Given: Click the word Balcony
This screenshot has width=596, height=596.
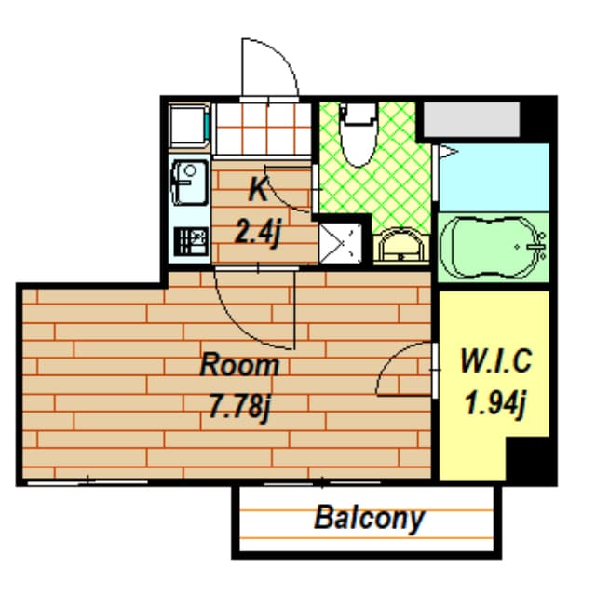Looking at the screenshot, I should tap(369, 517).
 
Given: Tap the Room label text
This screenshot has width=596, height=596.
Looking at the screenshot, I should tap(240, 364).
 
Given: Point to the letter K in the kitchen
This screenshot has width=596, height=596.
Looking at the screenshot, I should tap(258, 190).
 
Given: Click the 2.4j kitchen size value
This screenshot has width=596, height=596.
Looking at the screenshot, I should tap(257, 230).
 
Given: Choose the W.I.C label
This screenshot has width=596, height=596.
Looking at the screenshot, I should tap(495, 360).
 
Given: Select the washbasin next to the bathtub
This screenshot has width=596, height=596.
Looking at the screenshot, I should tap(402, 247).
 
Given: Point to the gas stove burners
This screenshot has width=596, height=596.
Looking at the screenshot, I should tap(190, 242).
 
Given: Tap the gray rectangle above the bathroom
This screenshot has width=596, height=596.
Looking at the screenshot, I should tap(470, 120).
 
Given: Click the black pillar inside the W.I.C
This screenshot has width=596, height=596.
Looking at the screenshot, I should tap(530, 460).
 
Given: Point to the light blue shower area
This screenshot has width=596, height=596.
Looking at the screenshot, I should tap(494, 177).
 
